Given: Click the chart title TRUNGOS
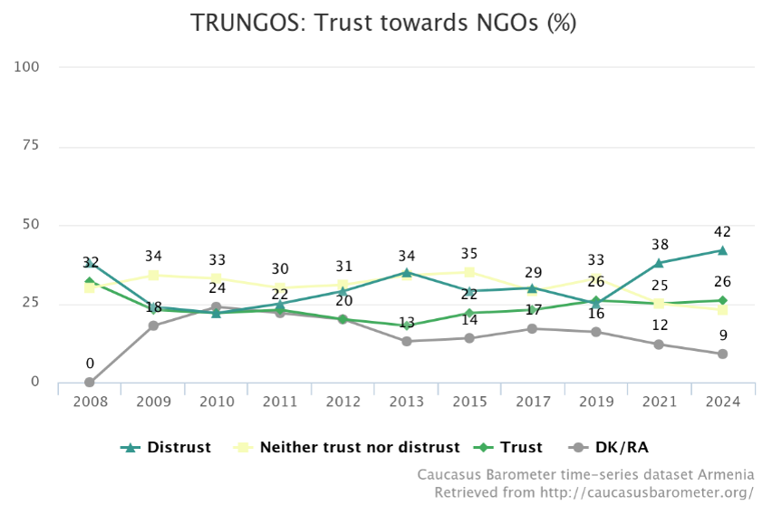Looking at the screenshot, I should coord(384,23).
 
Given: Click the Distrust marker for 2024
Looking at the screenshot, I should coord(722,250).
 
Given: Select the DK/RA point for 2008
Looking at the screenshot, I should coord(90,383).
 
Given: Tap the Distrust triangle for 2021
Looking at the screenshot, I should coord(659,263).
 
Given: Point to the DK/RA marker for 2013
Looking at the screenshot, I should coord(406,341).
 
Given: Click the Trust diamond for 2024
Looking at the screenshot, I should coord(722,300).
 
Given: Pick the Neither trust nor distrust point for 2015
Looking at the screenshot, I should coord(469,272).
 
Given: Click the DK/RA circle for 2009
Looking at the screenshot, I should coord(153,326).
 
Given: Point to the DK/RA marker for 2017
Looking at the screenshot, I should coord(533,328).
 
